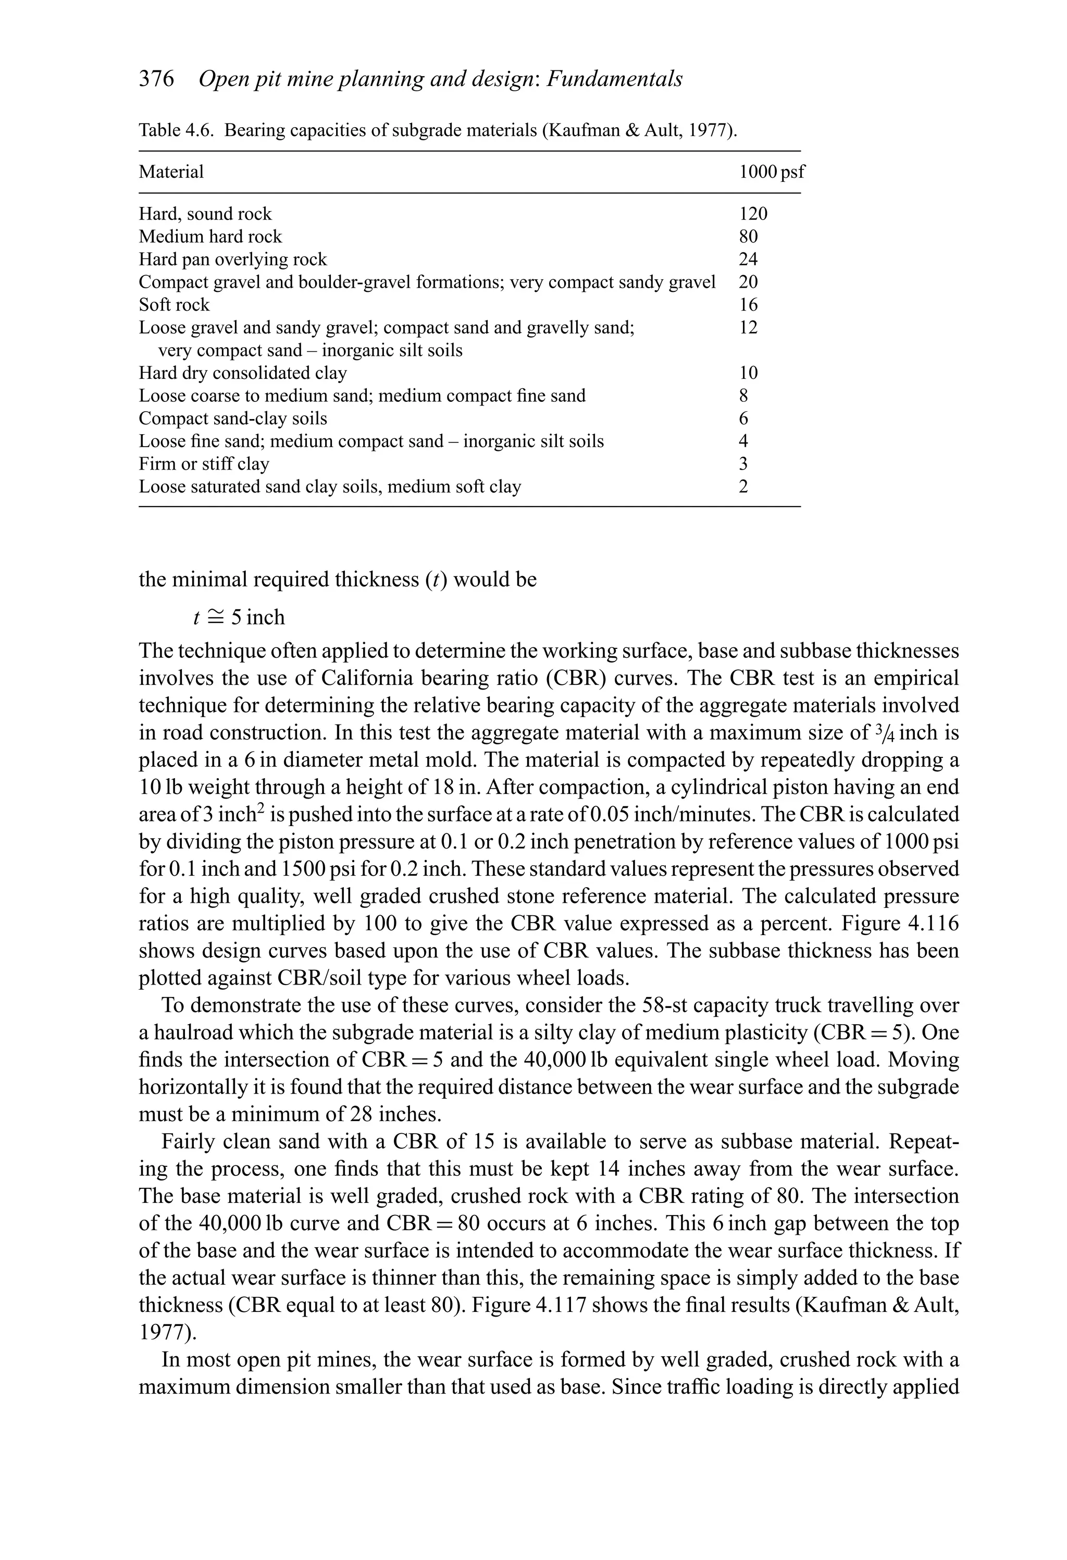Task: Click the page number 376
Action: (x=156, y=79)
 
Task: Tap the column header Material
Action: (x=171, y=172)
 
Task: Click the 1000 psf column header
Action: (x=771, y=172)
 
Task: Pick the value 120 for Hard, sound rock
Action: (x=753, y=214)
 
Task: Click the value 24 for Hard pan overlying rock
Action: (x=748, y=260)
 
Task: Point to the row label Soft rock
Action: (x=174, y=305)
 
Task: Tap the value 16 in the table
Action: (x=748, y=305)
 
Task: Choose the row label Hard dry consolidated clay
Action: (x=242, y=373)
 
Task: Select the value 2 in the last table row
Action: (x=743, y=487)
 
